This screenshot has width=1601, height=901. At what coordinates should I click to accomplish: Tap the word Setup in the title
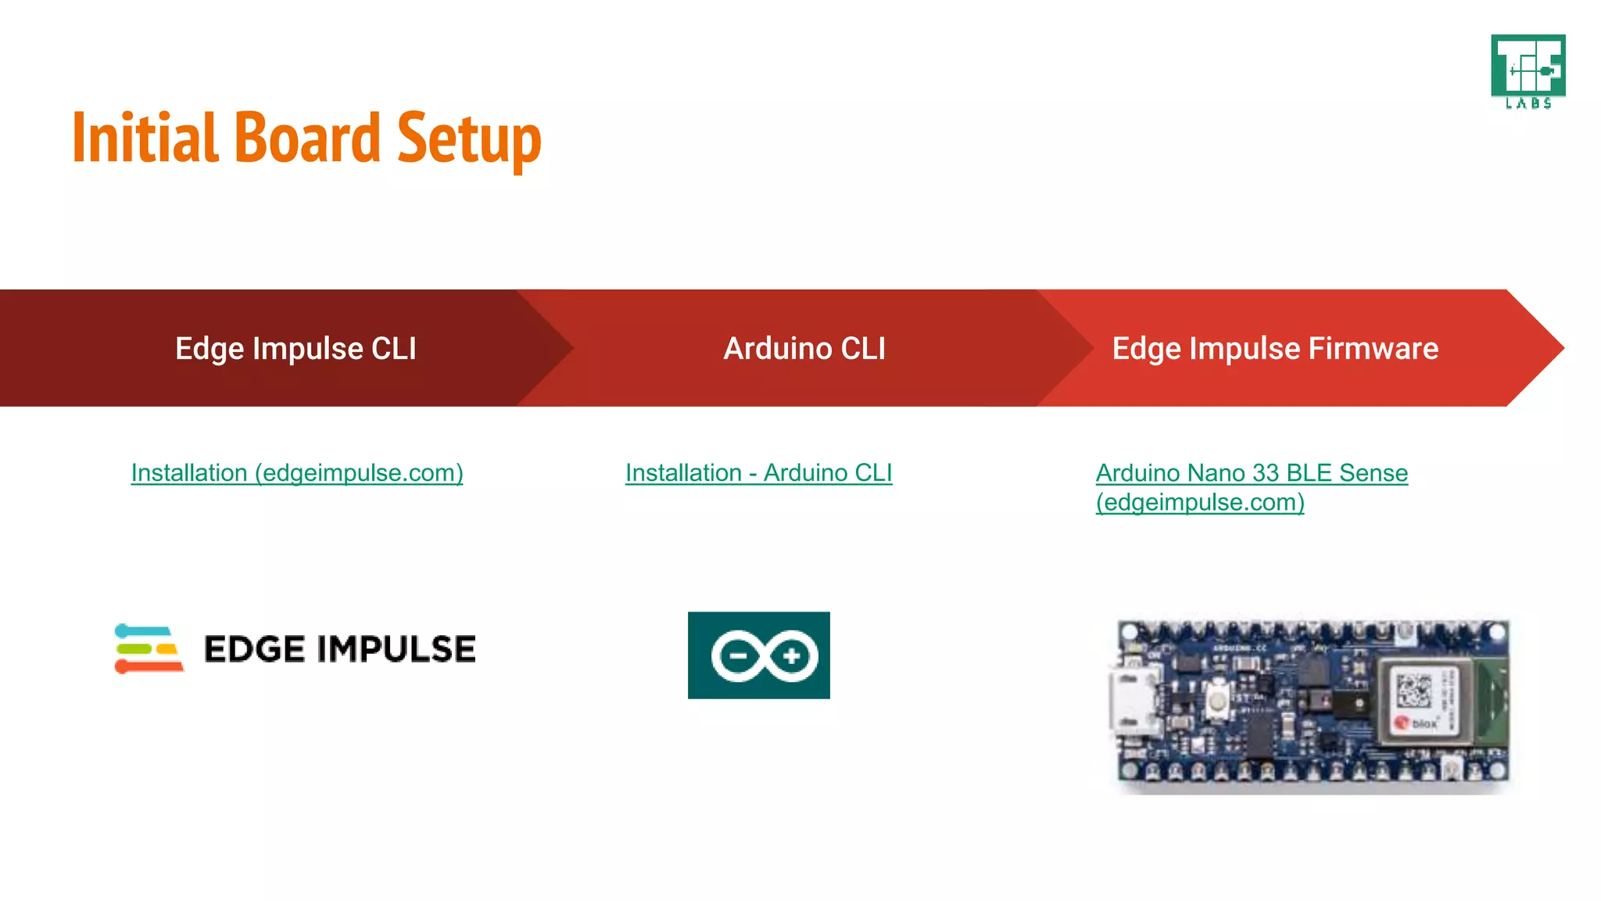tap(469, 138)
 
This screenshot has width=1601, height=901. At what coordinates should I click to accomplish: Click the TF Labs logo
tap(1528, 71)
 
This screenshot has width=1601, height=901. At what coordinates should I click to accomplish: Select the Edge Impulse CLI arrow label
tap(295, 349)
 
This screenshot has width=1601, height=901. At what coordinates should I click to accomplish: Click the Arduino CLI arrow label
tap(804, 349)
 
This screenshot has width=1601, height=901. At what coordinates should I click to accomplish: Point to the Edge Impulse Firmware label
tap(1275, 349)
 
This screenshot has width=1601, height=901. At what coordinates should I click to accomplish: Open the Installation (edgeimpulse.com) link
tap(297, 473)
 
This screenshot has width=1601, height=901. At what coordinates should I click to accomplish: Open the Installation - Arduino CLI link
tap(758, 473)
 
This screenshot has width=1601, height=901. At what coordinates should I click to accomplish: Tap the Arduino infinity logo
tap(759, 655)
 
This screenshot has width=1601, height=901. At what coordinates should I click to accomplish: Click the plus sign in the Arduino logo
tap(791, 655)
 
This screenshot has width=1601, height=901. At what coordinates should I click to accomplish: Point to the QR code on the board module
tap(1413, 690)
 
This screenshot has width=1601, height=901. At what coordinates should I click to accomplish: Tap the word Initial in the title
tap(145, 138)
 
